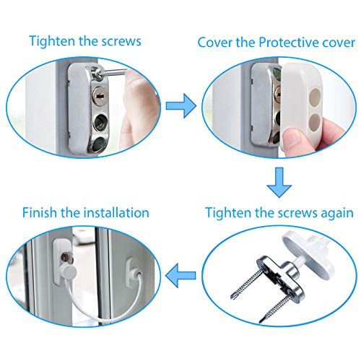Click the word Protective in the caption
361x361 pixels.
(284, 42)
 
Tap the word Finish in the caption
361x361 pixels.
(41, 213)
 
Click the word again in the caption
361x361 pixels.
(333, 213)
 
